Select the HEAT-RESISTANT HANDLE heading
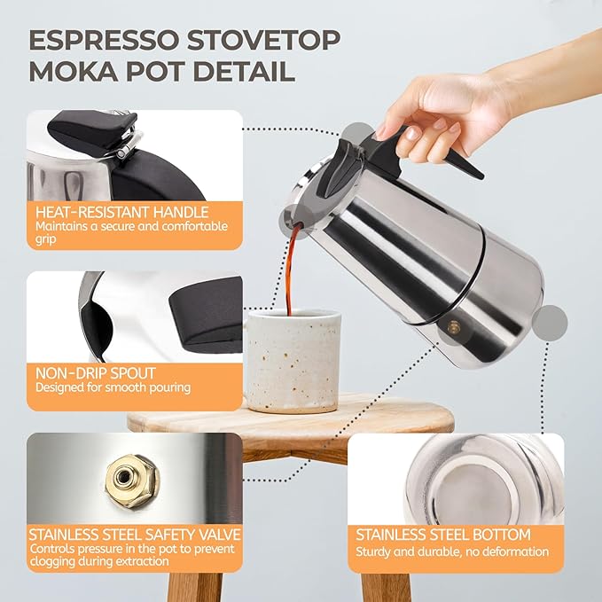tap(121, 213)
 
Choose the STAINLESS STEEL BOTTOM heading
tap(443, 535)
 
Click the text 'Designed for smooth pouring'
tap(113, 387)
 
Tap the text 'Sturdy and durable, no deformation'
tap(452, 551)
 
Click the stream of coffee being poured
tap(289, 266)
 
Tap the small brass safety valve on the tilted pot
tap(454, 327)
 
